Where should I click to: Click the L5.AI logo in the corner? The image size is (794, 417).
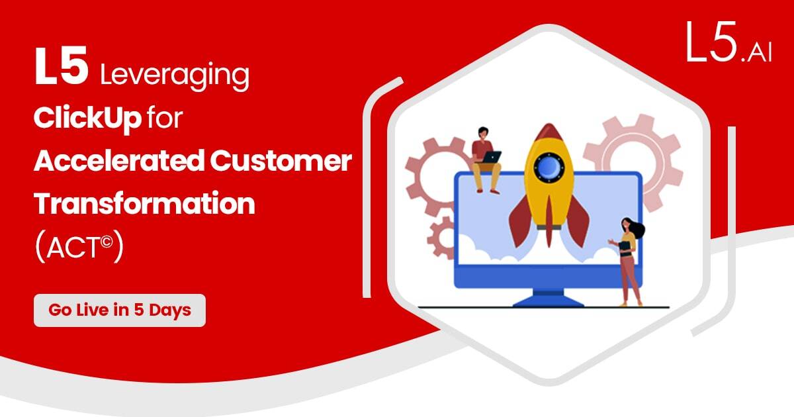click(728, 42)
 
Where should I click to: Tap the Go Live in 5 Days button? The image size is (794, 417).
click(120, 310)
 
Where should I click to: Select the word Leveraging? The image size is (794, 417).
click(175, 75)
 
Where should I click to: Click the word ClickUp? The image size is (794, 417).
click(87, 118)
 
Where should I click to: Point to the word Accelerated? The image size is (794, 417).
click(119, 161)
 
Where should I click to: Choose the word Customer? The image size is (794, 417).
click(281, 161)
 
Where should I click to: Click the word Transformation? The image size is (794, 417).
click(144, 203)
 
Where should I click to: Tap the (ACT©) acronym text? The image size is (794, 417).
click(79, 246)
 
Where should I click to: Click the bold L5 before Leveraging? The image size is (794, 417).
click(62, 67)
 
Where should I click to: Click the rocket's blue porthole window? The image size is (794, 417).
click(549, 167)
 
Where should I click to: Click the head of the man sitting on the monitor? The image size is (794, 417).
click(482, 132)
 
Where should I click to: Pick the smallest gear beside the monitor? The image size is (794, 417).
click(441, 238)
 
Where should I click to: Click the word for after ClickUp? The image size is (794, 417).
click(165, 117)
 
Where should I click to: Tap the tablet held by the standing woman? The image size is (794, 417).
click(625, 246)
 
